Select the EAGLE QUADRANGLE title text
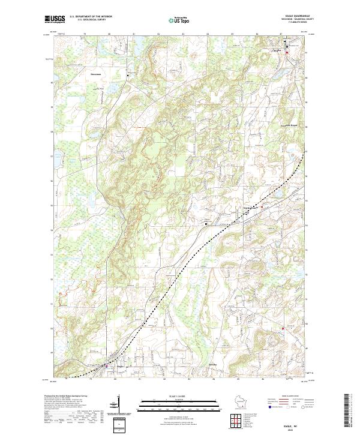293,16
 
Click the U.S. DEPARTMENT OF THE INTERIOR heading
91,17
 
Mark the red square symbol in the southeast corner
283,328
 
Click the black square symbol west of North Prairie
206,223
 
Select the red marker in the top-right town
287,53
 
